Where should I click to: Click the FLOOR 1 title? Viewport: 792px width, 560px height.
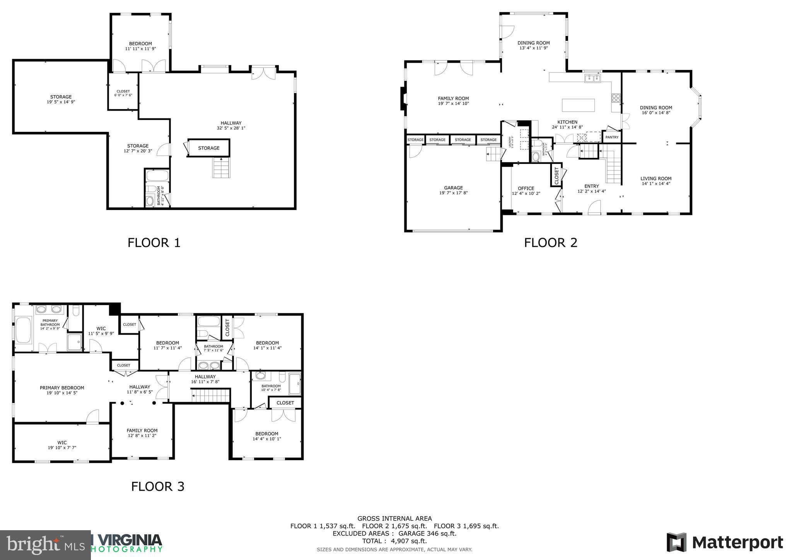[154, 243]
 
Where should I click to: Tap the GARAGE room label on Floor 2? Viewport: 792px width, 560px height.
[453, 188]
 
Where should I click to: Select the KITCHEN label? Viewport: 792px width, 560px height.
[567, 122]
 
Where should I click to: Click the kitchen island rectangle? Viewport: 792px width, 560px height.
[579, 105]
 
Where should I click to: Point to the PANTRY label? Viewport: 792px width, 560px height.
[612, 137]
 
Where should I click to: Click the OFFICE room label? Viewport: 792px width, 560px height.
[526, 188]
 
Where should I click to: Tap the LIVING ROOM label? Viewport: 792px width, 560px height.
[656, 179]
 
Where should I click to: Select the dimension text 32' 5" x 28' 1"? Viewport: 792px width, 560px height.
[231, 128]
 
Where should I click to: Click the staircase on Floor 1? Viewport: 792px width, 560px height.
[221, 168]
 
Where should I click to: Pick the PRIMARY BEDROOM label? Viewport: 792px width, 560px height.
[62, 388]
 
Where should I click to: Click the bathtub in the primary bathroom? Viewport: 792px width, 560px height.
[24, 330]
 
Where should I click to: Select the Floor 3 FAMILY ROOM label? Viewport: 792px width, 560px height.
[142, 430]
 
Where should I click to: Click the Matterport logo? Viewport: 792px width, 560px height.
[724, 542]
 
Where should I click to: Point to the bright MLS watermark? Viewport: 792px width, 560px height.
[45, 545]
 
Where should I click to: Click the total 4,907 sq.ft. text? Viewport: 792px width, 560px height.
[394, 541]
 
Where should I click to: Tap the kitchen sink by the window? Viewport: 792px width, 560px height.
[592, 79]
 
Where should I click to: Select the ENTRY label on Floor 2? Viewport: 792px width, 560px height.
[591, 186]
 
